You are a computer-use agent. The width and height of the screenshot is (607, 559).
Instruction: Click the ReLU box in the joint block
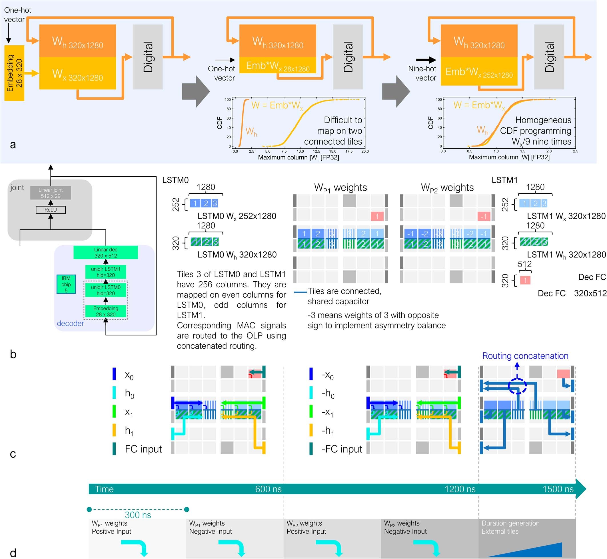pos(51,210)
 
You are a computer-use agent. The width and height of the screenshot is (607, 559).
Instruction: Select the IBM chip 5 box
pos(66,284)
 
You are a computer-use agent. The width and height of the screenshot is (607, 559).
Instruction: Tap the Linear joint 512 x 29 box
pos(51,193)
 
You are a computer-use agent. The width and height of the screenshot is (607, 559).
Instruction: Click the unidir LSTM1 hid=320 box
pos(106,272)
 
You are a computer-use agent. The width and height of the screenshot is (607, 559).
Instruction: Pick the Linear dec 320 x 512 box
pos(106,252)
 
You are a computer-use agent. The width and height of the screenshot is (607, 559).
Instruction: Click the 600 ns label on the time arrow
pos(268,489)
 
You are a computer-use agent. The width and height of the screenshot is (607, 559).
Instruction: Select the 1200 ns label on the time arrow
pos(460,489)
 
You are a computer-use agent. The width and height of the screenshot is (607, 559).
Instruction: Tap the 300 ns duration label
pos(138,515)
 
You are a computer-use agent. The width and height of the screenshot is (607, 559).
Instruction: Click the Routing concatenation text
pos(525,356)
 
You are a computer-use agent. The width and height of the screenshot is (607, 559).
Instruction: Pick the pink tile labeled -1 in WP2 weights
pos(484,216)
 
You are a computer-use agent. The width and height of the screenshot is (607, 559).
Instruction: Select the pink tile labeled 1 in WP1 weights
pos(377,216)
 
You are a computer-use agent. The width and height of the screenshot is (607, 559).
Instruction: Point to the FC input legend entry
pos(143,449)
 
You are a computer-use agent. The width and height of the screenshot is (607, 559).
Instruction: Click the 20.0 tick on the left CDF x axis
pos(365,151)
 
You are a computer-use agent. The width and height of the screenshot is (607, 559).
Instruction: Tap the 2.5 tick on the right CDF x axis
pos(575,151)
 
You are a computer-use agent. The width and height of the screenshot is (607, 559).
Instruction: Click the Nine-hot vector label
pos(422,73)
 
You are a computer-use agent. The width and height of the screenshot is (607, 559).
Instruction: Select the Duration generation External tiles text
pos(510,527)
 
